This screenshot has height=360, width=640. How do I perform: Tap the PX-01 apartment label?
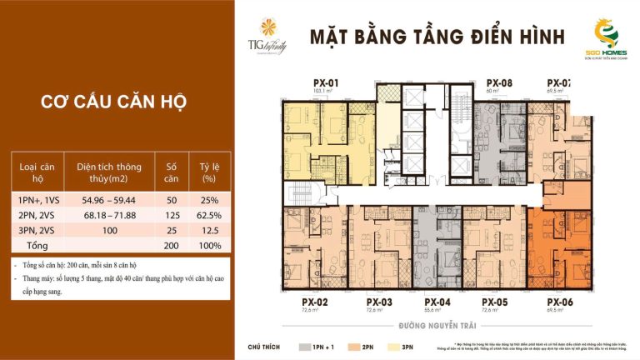(x=324, y=82)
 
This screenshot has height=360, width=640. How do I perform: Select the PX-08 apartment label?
(x=498, y=82)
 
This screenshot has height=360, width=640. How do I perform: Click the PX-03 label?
(x=379, y=302)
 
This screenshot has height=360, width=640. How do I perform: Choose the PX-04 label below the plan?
(x=437, y=302)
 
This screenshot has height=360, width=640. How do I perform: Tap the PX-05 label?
(x=495, y=302)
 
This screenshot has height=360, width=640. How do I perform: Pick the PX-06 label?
(x=560, y=302)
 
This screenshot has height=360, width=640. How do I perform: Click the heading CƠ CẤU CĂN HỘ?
(x=113, y=102)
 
